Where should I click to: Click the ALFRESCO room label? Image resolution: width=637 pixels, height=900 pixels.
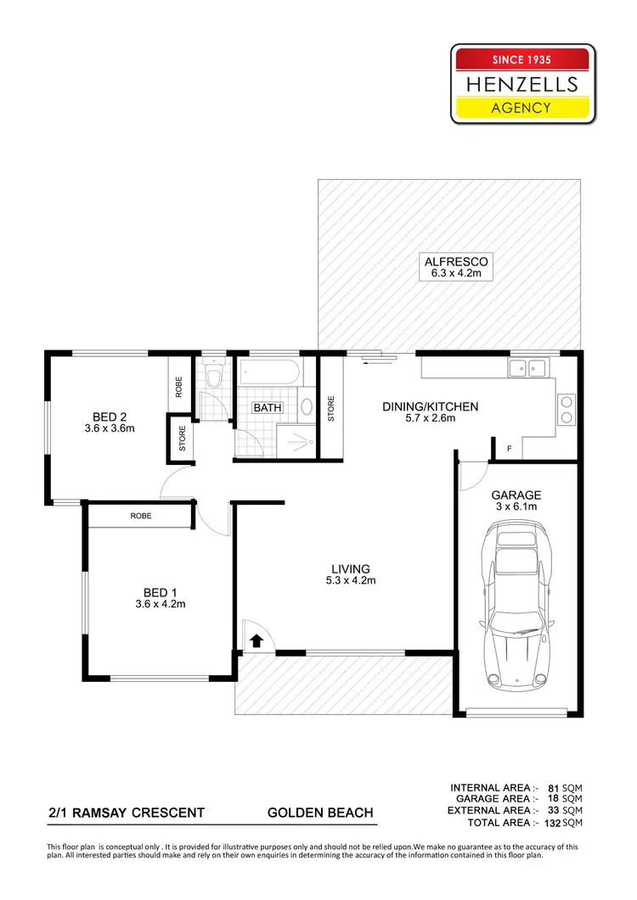[457, 262]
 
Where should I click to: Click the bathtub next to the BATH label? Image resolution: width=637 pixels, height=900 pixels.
[268, 372]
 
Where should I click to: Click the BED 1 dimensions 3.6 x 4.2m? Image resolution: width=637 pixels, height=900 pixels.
[160, 605]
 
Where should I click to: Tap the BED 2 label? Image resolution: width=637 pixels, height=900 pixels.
[110, 416]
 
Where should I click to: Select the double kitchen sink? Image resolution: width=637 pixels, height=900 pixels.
[527, 367]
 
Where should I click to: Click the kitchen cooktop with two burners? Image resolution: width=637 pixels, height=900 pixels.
[566, 409]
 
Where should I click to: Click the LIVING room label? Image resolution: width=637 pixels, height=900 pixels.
[350, 568]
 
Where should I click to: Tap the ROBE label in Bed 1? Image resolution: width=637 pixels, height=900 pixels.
[141, 516]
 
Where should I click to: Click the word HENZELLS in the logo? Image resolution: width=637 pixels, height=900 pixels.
[522, 84]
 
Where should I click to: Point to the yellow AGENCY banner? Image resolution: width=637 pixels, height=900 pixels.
[522, 108]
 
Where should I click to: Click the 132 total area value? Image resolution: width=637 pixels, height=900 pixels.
[552, 823]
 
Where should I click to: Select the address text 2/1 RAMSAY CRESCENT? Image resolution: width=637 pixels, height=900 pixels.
[127, 813]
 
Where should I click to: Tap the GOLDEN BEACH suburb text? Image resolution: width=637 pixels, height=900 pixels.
[320, 813]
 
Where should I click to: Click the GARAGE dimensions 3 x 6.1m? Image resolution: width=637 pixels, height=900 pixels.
[516, 506]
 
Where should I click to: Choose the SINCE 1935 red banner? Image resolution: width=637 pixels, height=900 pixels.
[522, 60]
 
